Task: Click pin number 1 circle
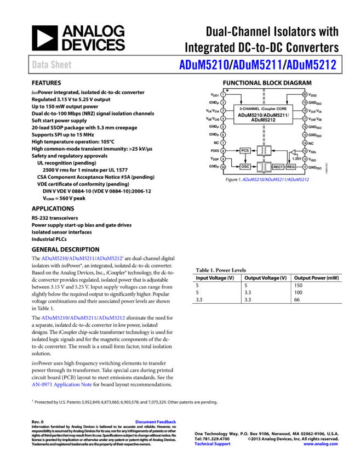pyautogui.click(x=223, y=94)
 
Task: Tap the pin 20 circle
pyautogui.click(x=305, y=94)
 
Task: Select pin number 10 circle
pyautogui.click(x=223, y=167)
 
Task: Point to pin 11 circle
pyautogui.click(x=305, y=167)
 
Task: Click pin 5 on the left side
pyautogui.click(x=223, y=127)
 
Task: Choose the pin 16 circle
pyautogui.click(x=305, y=127)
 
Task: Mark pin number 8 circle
pyautogui.click(x=223, y=151)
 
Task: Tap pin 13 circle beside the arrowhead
pyautogui.click(x=305, y=151)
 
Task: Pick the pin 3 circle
pyautogui.click(x=223, y=110)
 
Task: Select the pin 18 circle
pyautogui.click(x=305, y=110)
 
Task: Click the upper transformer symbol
pyautogui.click(x=264, y=151)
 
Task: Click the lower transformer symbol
pyautogui.click(x=264, y=167)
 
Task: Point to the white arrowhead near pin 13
pyautogui.click(x=293, y=152)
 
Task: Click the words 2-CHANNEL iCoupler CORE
pyautogui.click(x=263, y=109)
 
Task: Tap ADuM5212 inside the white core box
pyautogui.click(x=263, y=120)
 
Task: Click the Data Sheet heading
pyautogui.click(x=52, y=65)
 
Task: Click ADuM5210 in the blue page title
pyautogui.click(x=204, y=65)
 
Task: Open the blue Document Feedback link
pyautogui.click(x=156, y=422)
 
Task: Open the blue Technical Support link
pyautogui.click(x=212, y=444)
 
